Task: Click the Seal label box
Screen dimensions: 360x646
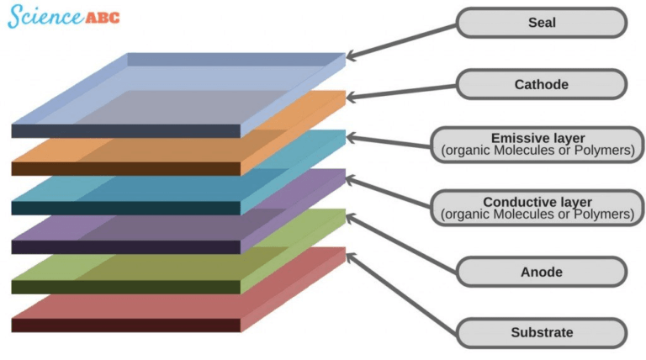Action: pos(542,23)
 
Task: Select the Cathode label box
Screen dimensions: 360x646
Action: pos(542,84)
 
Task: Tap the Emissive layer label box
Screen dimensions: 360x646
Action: pos(537,145)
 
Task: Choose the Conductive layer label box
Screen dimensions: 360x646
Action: pos(537,209)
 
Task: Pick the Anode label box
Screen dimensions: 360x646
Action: pos(542,272)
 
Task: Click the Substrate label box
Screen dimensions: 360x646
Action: pos(542,332)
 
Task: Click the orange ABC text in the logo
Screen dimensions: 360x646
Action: pos(102,17)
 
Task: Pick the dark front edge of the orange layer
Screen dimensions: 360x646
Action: pos(126,169)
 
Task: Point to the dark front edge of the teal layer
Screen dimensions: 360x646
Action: pos(126,208)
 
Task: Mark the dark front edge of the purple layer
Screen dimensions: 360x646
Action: pos(126,247)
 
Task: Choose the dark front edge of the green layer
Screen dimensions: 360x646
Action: pos(126,287)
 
